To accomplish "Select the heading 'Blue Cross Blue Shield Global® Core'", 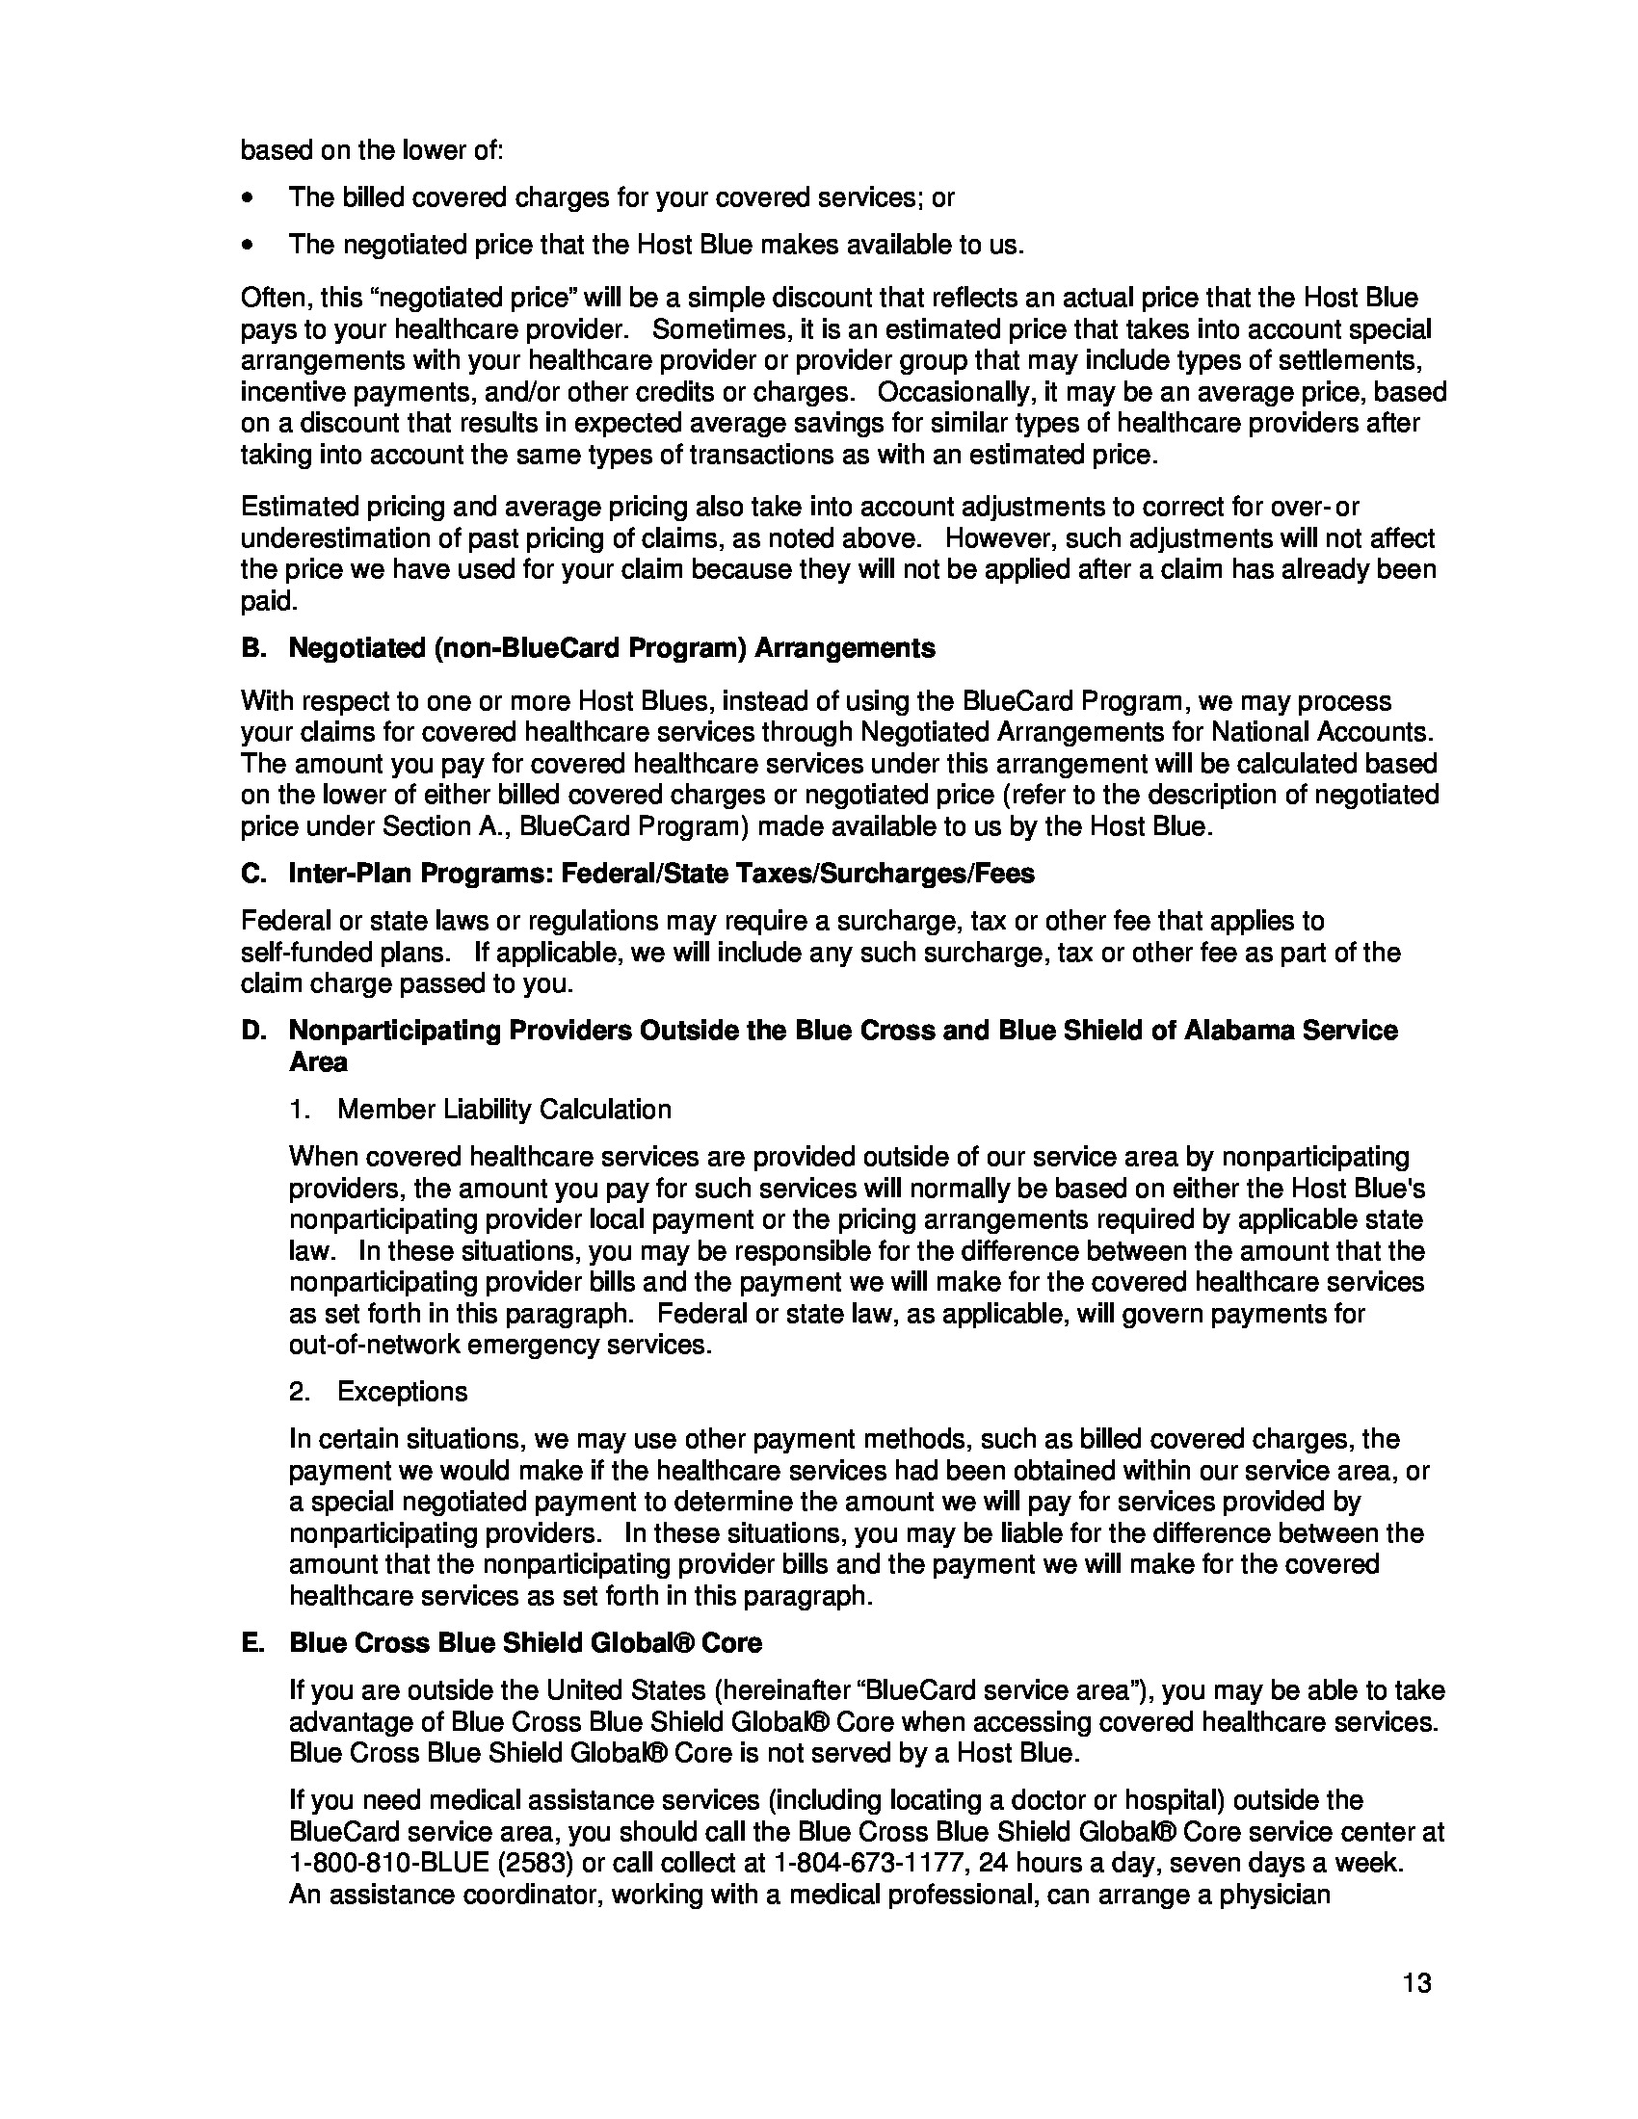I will (x=525, y=1642).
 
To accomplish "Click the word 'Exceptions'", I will (x=402, y=1392).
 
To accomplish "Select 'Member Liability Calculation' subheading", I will (x=504, y=1109).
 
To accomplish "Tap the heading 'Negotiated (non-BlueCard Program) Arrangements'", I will (x=611, y=648).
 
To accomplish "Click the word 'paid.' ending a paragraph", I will (x=268, y=602).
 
